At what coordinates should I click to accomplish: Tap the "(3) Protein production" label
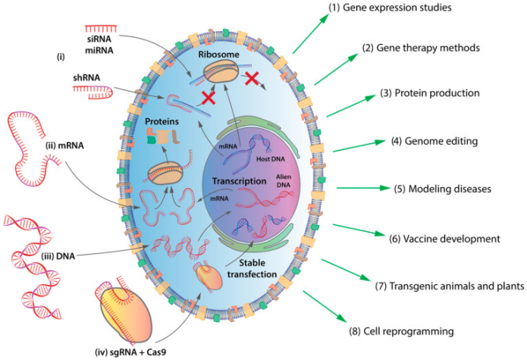(429, 94)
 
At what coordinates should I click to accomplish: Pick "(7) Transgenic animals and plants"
(450, 286)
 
